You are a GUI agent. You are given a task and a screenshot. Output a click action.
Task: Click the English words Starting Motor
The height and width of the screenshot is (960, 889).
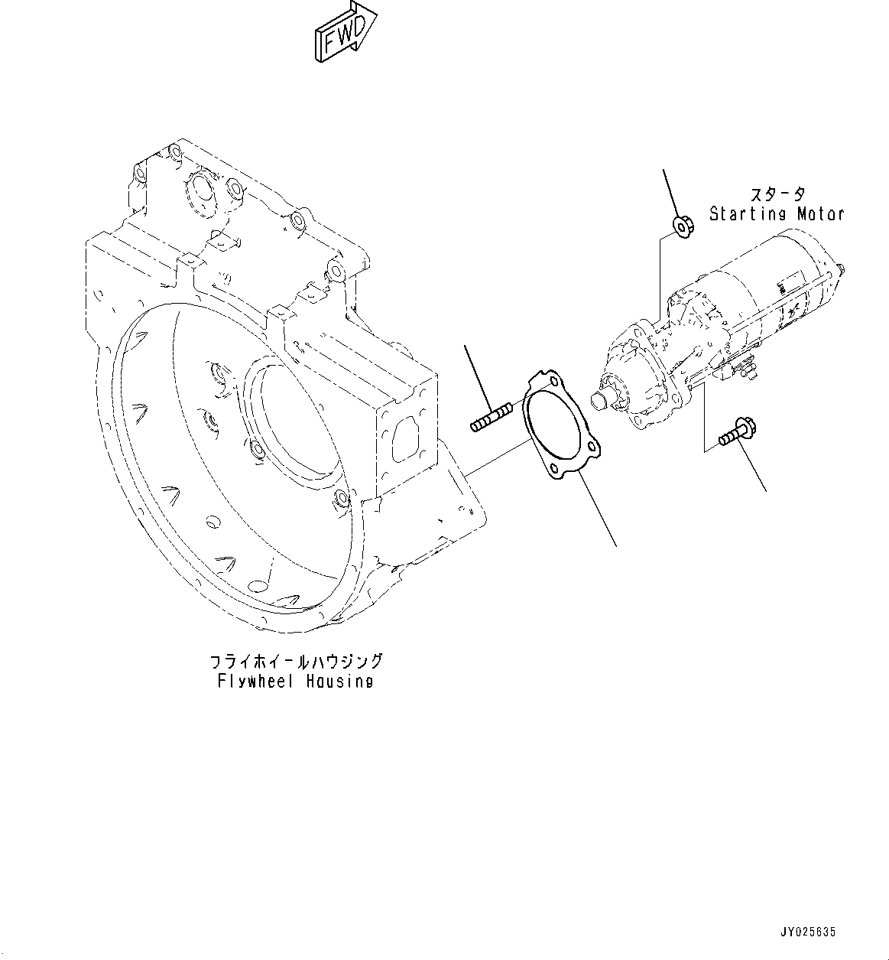[x=776, y=214]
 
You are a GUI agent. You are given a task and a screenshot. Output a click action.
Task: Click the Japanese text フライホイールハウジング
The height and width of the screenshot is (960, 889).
[x=295, y=661]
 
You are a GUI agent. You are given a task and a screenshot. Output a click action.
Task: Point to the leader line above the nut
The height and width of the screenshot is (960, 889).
[x=670, y=192]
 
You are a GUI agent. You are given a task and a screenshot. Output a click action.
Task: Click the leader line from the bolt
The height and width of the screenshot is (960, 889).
[x=754, y=468]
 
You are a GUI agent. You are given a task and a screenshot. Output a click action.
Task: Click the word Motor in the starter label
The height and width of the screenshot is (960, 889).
[x=820, y=214]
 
